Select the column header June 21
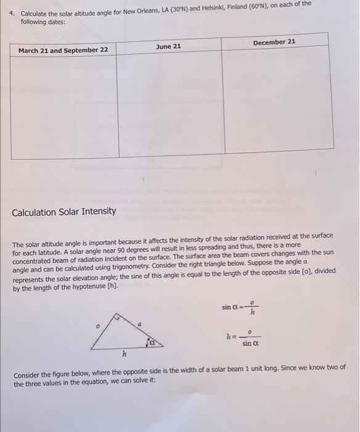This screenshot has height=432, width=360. click(168, 46)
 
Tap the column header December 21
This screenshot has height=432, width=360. click(274, 42)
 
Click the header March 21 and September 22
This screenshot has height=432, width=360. click(63, 50)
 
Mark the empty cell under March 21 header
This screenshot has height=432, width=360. click(64, 108)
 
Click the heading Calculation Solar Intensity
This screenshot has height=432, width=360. click(64, 212)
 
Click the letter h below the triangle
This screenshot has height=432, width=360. click(123, 354)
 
